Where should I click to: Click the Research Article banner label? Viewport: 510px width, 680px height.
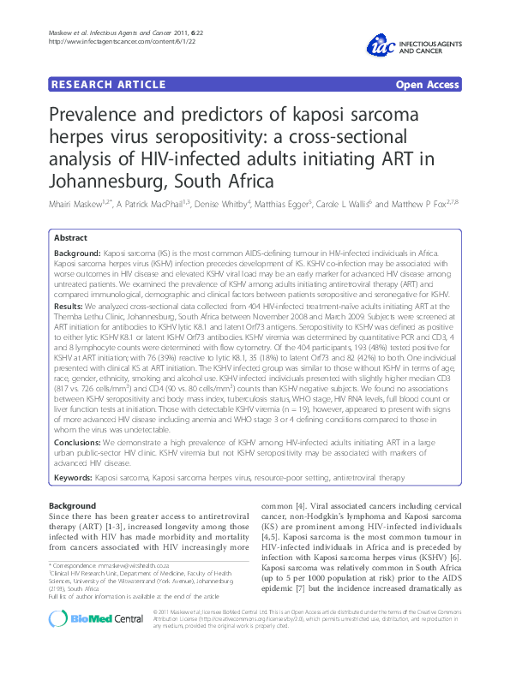coord(109,84)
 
